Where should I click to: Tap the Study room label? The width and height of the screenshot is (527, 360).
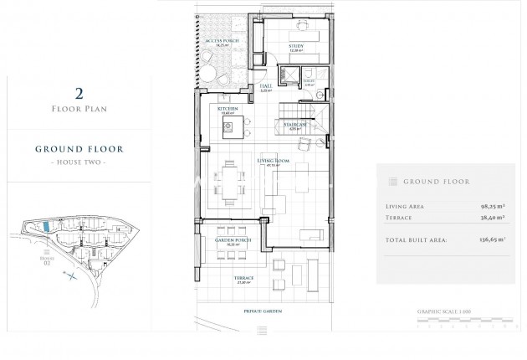296,47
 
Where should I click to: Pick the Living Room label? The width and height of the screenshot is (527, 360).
271,163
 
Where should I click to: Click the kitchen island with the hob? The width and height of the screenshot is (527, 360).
228,128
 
